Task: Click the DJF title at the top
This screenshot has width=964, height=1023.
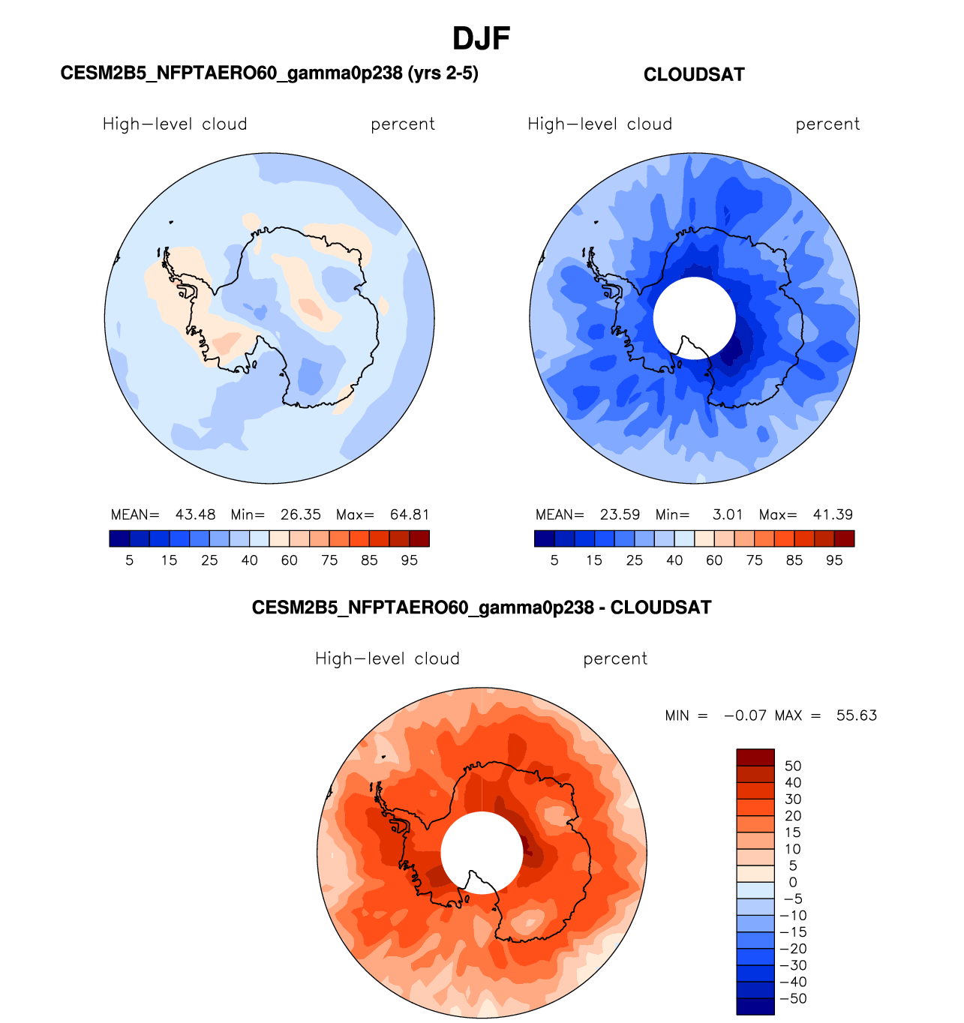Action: pos(482,38)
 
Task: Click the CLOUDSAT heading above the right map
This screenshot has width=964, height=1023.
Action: pos(694,74)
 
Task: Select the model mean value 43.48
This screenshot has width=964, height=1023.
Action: pos(195,514)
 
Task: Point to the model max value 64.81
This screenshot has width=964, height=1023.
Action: pos(410,514)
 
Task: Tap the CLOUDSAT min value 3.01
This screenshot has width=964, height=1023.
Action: pos(727,514)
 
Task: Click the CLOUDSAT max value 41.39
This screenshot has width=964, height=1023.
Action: pos(833,514)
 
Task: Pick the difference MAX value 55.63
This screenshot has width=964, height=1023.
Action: pos(856,715)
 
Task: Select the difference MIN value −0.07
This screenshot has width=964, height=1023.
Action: pos(745,715)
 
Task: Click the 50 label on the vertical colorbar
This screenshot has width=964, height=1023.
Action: pos(793,766)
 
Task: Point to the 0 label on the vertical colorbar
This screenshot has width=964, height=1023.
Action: pos(793,882)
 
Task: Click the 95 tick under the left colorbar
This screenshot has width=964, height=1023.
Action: pos(409,560)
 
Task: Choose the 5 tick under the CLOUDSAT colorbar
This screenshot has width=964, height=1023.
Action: pos(554,560)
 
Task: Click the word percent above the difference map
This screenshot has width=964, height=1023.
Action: pos(615,658)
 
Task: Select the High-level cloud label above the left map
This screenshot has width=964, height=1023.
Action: pos(175,124)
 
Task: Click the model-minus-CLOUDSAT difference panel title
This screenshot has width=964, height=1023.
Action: pos(482,607)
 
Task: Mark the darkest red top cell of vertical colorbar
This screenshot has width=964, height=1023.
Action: pos(755,757)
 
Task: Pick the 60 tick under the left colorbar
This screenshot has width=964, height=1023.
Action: pos(289,560)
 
